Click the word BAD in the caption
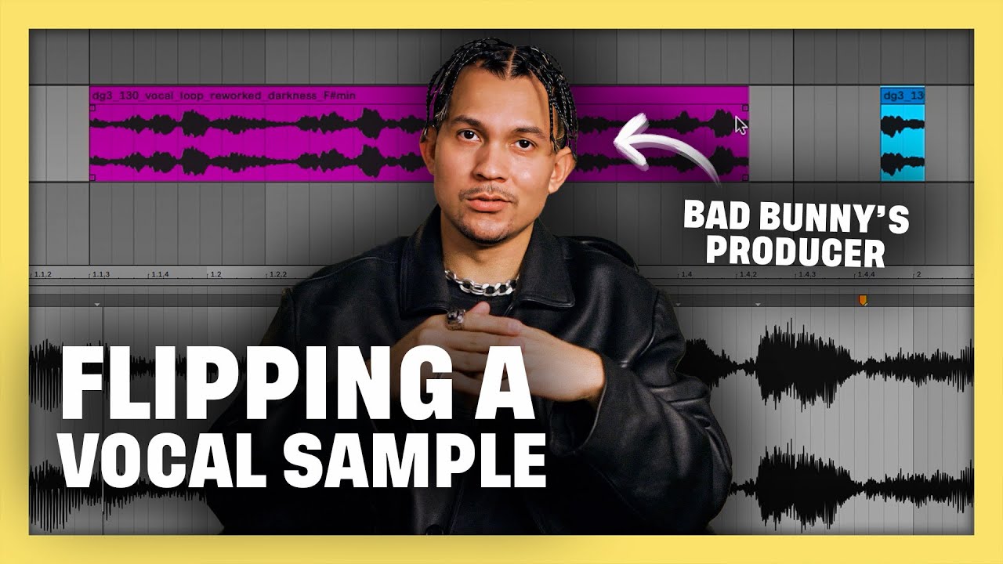712,215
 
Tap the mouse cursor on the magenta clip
740,125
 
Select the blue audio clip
903,133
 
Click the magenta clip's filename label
223,95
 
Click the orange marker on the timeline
863,300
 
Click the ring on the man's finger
455,317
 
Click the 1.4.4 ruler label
867,275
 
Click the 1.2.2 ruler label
279,275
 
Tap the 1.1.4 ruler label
160,275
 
